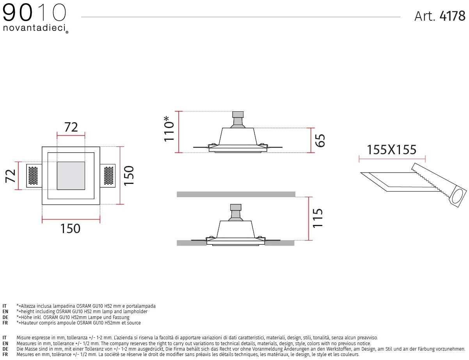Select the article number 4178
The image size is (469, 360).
click(452, 16)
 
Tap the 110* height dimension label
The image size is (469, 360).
click(169, 129)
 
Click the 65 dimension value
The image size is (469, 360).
click(320, 140)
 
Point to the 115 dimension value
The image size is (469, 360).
click(318, 218)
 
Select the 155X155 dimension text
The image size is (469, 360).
click(391, 150)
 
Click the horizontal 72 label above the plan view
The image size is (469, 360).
click(71, 127)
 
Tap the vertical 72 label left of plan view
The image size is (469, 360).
click(11, 176)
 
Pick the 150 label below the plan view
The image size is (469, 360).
click(70, 228)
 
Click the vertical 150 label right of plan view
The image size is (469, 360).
click(129, 175)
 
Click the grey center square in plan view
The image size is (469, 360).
click(71, 176)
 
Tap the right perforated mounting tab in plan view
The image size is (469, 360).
click(108, 176)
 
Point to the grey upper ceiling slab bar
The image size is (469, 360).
click(236, 194)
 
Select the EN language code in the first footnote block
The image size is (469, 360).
click(5, 312)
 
